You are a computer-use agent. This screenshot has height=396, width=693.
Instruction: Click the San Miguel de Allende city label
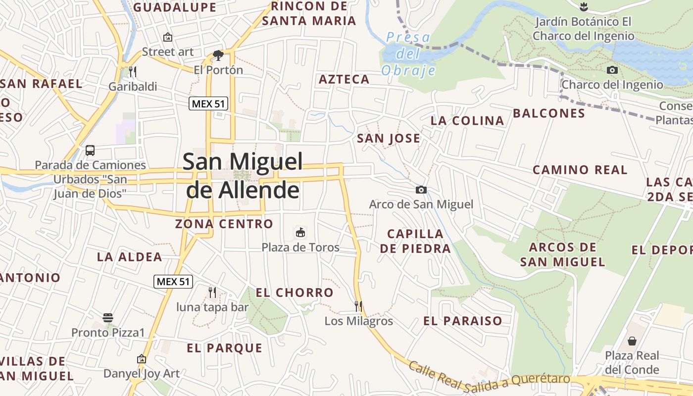point(243,176)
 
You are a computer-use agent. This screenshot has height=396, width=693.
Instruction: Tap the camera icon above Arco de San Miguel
point(421,190)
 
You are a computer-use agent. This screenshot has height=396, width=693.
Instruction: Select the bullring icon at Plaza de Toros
point(300,232)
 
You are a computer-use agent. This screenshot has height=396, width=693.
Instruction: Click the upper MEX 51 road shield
point(208,104)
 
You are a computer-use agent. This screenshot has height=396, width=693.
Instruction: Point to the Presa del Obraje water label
point(408,53)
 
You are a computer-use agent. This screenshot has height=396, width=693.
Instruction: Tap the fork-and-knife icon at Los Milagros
point(358,306)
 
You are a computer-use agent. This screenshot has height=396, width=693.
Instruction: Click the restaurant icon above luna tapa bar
point(212,293)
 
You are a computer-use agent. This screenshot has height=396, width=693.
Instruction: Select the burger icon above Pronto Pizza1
point(108,318)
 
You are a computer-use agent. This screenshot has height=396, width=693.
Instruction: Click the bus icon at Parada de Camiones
point(90,150)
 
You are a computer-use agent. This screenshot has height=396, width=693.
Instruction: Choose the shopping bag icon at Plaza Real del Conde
point(632,341)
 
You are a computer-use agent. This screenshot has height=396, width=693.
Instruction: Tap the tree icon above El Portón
point(218,55)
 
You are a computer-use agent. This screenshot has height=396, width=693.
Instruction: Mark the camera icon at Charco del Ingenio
point(612,70)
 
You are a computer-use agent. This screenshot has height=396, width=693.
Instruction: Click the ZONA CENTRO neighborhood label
point(224,224)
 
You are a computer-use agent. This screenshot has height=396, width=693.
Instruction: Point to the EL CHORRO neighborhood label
point(295,293)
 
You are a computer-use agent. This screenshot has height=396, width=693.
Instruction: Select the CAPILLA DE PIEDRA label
point(415,241)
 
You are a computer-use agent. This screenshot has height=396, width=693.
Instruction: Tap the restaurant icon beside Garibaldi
point(132,72)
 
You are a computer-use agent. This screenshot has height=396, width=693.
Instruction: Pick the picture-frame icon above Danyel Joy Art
point(142,359)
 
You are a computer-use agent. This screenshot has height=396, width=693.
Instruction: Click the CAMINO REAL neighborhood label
point(580,170)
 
